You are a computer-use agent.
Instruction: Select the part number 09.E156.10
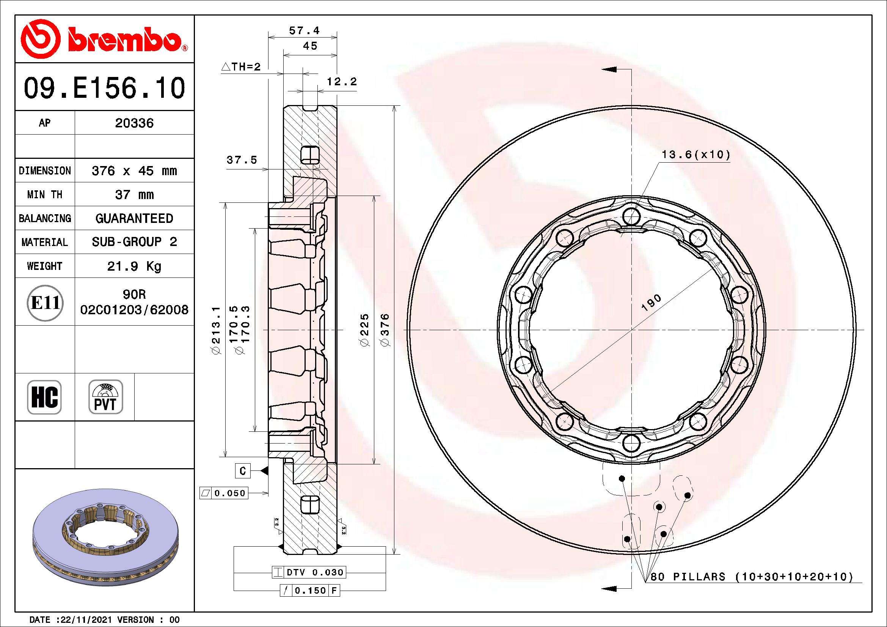click(104, 88)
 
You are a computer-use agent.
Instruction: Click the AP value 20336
click(134, 123)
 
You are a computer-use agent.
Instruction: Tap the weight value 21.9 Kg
click(134, 266)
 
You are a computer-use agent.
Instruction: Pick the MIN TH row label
click(44, 194)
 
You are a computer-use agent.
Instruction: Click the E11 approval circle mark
click(45, 303)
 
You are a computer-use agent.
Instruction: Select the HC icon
click(44, 397)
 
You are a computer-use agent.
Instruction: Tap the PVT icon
click(105, 397)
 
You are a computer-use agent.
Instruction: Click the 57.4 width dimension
click(304, 30)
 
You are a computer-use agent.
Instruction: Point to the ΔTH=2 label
click(241, 67)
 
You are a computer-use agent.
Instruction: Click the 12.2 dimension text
click(342, 82)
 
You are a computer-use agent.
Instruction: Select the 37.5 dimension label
click(242, 160)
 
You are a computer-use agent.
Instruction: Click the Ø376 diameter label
click(385, 330)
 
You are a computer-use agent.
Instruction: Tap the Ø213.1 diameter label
click(215, 330)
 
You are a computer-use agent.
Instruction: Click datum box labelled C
click(243, 471)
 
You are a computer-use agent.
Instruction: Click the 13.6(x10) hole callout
click(696, 155)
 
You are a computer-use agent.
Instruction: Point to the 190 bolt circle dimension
click(652, 302)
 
